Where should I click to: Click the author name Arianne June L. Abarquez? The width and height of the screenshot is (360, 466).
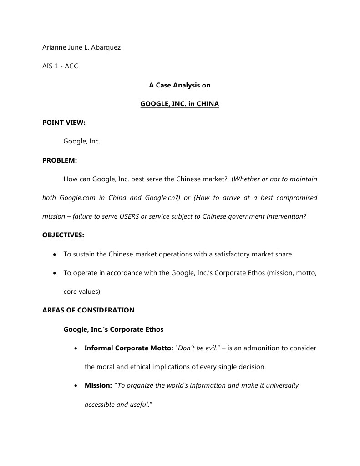81,47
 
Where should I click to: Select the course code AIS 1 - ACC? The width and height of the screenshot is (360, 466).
60,66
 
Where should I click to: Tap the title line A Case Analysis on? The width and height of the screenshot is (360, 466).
180,85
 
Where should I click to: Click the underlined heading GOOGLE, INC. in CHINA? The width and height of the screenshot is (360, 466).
180,104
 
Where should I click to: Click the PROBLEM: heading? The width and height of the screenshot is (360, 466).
60,160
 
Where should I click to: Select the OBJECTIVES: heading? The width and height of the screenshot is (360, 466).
63,235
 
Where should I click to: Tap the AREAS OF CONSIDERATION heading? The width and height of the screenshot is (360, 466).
88,310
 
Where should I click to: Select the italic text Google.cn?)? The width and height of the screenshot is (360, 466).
162,198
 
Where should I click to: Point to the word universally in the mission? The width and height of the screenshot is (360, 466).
281,385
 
